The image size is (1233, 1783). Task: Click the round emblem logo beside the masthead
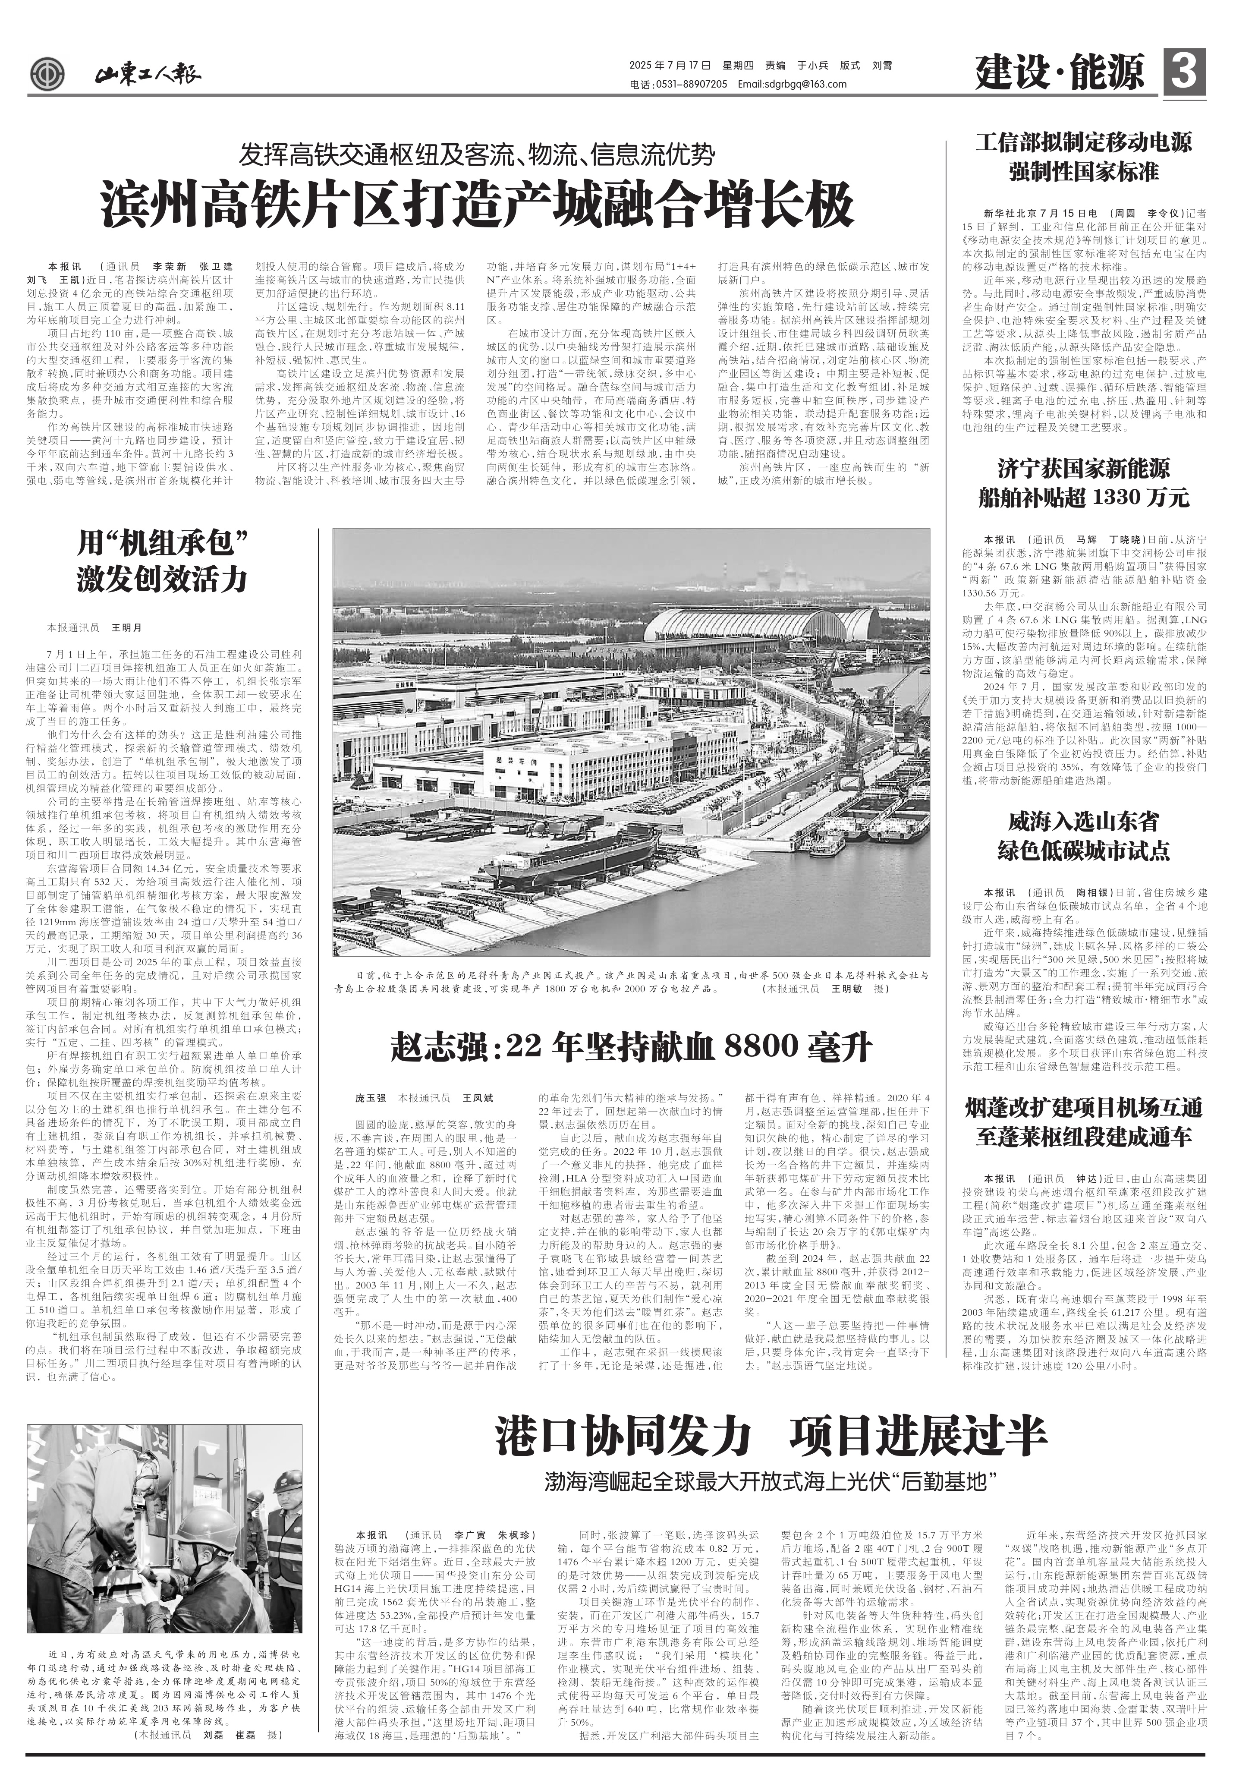[48, 75]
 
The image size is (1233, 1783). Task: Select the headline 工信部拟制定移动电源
[1083, 142]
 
